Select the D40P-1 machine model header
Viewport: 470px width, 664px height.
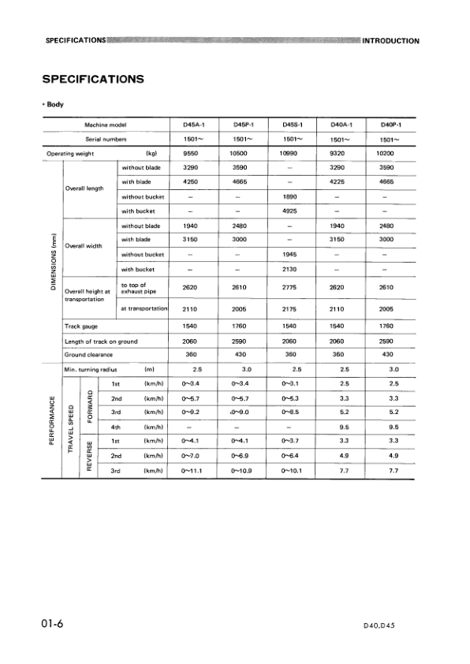390,125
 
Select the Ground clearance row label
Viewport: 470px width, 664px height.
86,355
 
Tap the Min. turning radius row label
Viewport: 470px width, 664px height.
93,369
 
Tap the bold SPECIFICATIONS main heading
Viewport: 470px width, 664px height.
92,79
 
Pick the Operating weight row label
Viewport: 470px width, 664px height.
69,153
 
